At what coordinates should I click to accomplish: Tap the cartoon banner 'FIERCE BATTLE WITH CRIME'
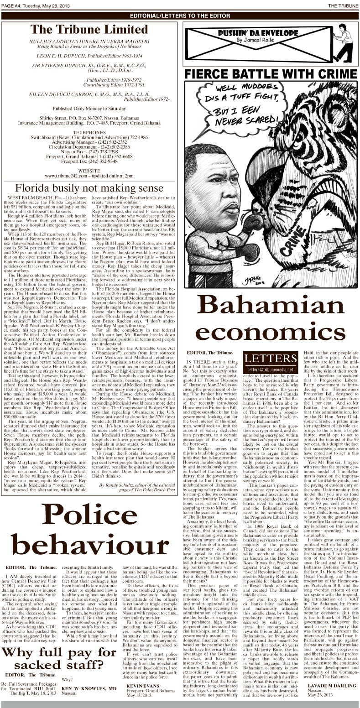tap(271, 74)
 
